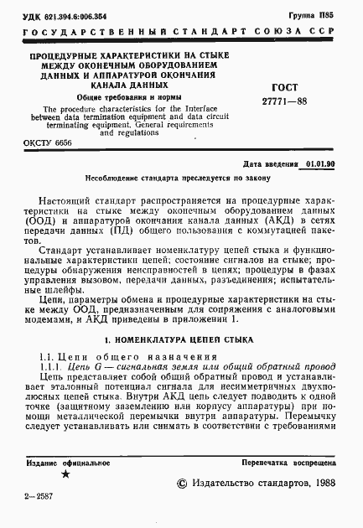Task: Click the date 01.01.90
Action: (x=320, y=164)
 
